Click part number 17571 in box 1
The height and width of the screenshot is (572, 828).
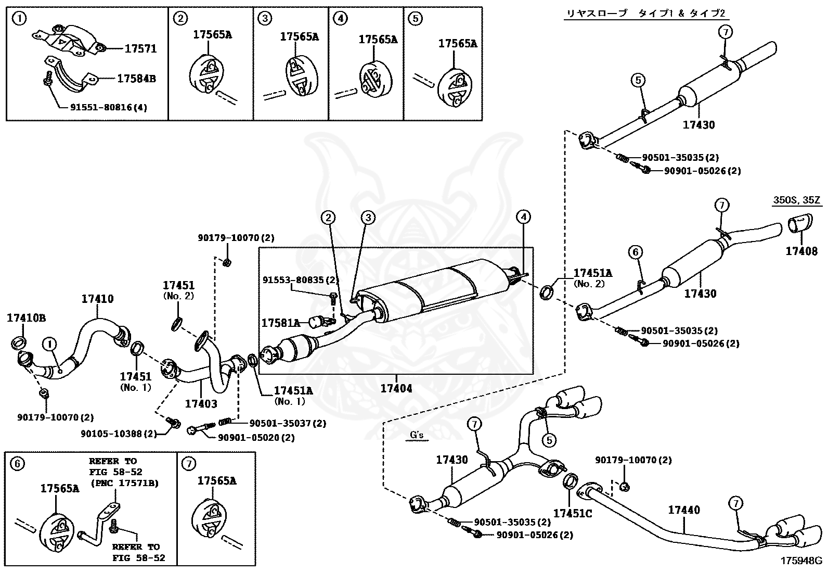140,49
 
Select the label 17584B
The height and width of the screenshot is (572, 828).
136,79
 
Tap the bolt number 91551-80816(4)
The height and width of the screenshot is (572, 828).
109,108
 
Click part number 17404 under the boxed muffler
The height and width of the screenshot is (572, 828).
396,388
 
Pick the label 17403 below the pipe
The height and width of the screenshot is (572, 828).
202,403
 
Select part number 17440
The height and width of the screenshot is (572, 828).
684,511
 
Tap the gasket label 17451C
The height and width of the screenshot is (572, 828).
572,514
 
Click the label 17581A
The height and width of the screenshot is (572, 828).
280,323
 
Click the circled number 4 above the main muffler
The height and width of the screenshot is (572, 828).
523,217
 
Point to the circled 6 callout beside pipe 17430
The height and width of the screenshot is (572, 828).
635,252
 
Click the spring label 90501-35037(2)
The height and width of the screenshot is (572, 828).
288,424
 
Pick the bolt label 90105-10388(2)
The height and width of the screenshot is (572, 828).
119,434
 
